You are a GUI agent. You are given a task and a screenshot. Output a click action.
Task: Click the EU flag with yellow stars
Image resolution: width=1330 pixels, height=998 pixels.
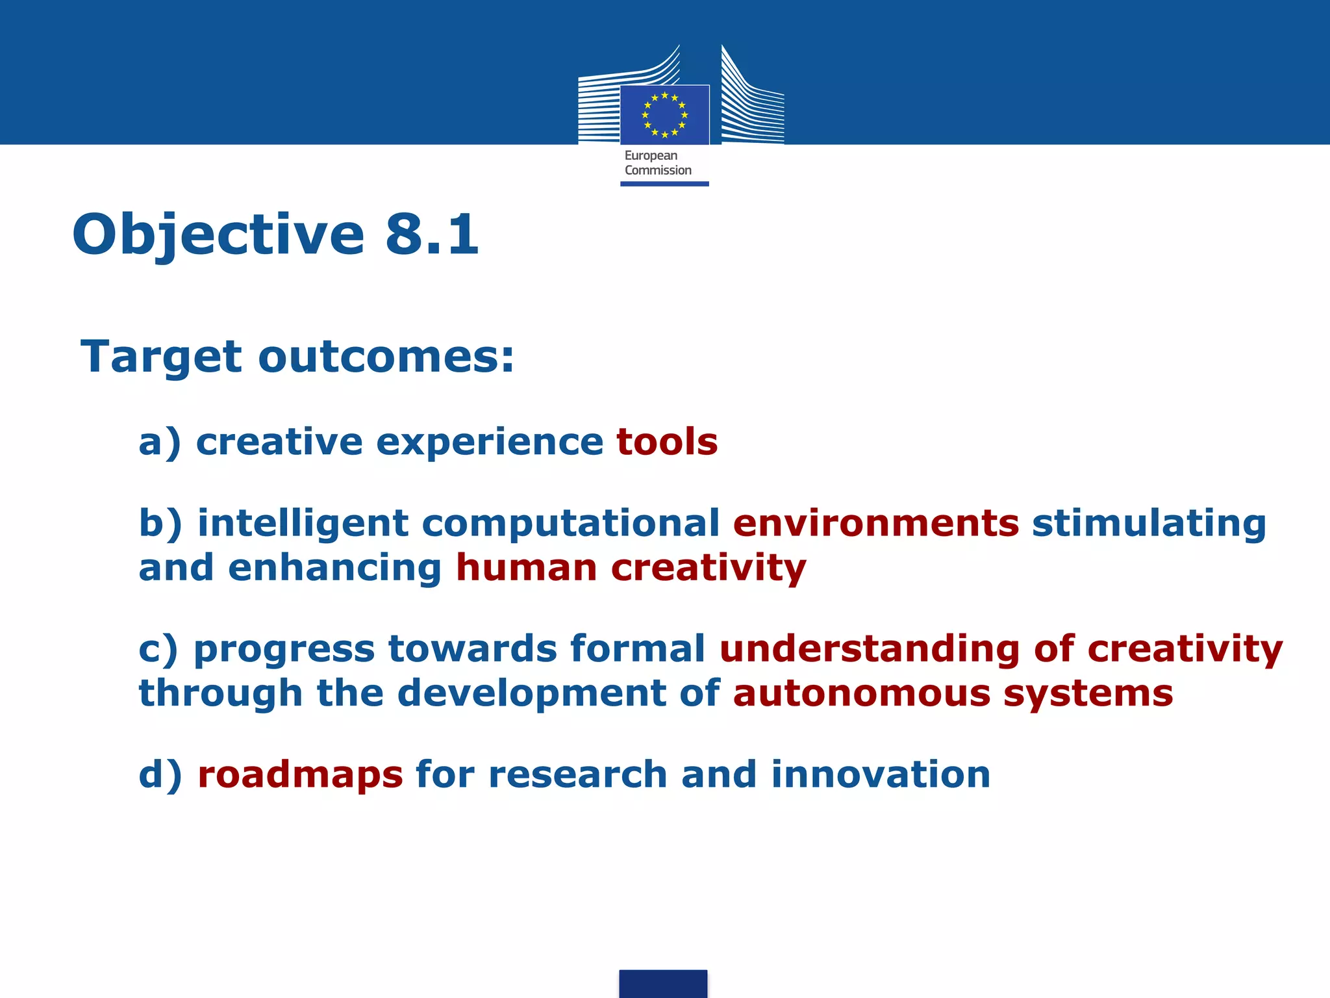[664, 115]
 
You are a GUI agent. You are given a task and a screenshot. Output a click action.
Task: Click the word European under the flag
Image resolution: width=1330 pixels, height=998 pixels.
[651, 156]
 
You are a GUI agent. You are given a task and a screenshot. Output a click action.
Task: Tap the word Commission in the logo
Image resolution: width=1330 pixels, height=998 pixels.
[658, 170]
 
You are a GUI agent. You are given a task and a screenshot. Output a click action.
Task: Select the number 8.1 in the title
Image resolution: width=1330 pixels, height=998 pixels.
[432, 234]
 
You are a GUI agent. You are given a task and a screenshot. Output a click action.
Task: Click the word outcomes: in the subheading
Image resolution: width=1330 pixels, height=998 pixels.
[386, 357]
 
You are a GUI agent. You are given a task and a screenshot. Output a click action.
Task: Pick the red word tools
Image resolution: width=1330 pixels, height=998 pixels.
[667, 442]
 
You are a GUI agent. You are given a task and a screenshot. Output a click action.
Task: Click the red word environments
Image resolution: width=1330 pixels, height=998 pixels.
[876, 524]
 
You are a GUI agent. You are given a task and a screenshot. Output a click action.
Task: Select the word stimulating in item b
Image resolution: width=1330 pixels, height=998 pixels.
[1149, 524]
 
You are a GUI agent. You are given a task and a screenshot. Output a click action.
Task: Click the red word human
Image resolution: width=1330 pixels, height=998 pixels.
[526, 568]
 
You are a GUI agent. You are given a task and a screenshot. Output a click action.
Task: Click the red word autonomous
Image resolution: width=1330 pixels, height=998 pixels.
[861, 693]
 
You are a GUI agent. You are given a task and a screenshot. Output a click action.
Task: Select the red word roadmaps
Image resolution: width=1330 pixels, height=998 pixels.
[300, 774]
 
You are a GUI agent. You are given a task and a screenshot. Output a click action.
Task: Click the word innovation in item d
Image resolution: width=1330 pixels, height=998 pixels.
[880, 774]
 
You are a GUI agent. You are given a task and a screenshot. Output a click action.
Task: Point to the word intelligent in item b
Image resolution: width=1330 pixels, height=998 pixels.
[303, 524]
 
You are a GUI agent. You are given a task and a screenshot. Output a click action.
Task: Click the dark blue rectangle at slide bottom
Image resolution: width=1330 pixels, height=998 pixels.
[663, 984]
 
